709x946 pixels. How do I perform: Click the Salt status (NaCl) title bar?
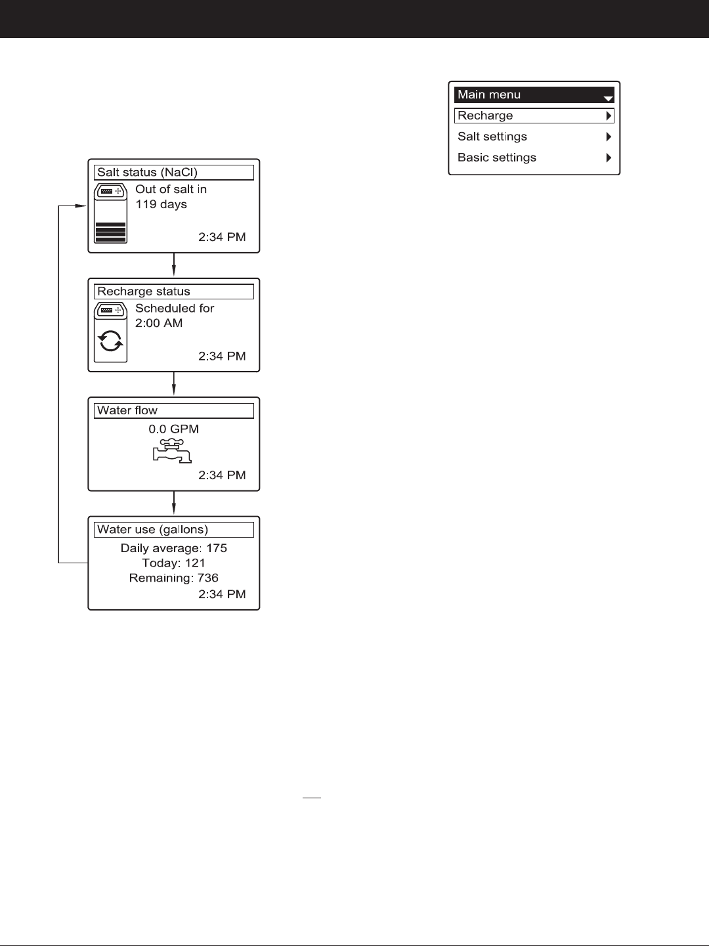click(174, 173)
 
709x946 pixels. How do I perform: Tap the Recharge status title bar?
click(174, 291)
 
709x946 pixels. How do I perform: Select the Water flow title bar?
click(174, 411)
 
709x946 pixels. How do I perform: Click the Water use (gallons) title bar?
click(174, 530)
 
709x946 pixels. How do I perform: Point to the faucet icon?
click(171, 451)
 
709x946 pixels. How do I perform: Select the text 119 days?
click(161, 204)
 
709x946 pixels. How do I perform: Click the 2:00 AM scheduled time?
click(159, 323)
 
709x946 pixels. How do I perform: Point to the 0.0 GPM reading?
click(173, 429)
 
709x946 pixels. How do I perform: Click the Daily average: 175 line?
click(173, 548)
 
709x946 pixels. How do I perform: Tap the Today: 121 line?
click(173, 563)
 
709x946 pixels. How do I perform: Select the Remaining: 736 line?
click(173, 578)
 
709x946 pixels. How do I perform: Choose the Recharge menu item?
click(534, 116)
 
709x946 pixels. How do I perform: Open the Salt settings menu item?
click(534, 137)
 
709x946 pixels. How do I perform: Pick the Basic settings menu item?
click(534, 158)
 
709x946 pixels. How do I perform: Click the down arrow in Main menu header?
click(608, 98)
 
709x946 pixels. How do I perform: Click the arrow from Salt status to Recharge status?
click(173, 265)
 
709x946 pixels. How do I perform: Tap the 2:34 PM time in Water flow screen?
click(222, 475)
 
